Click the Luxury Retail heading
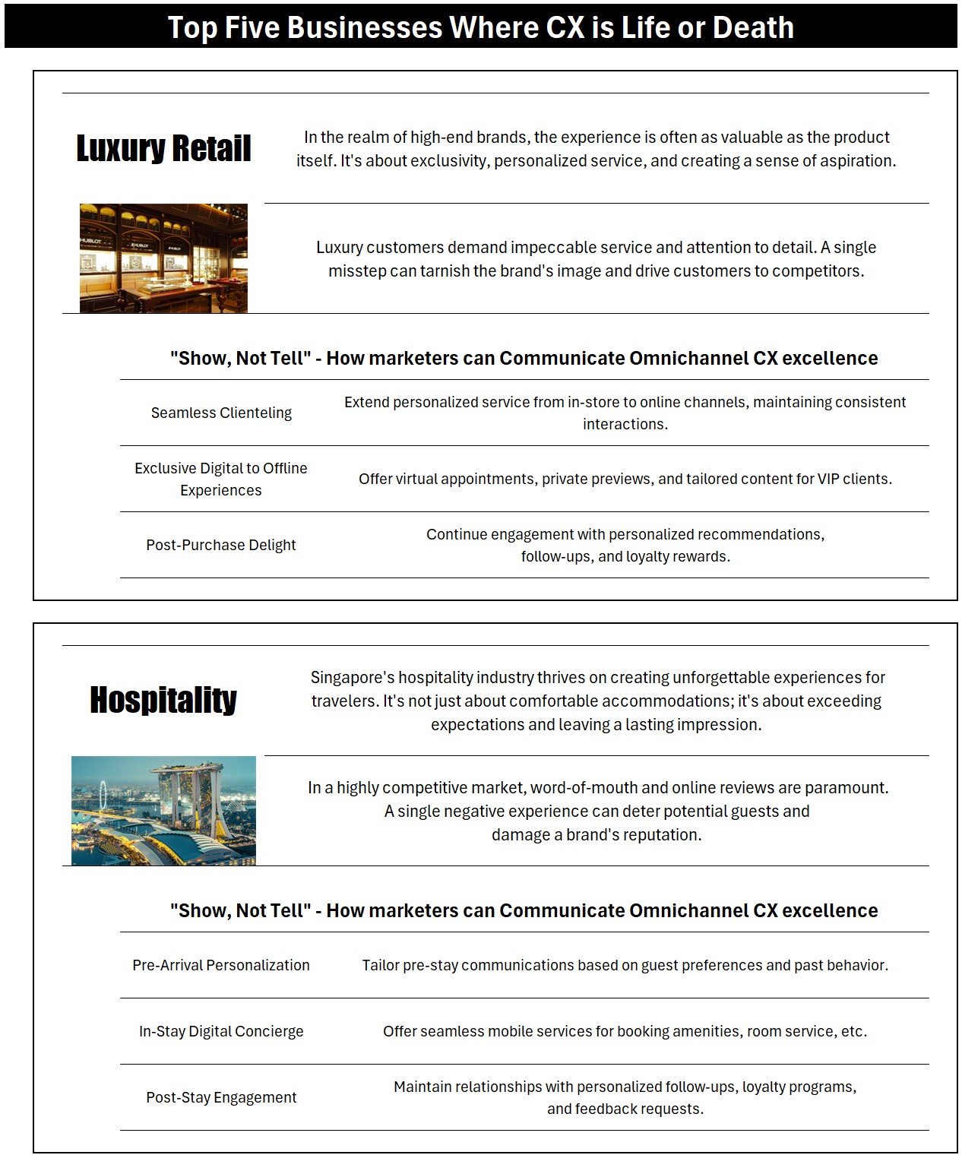click(163, 148)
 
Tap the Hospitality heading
click(163, 700)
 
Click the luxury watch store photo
click(163, 258)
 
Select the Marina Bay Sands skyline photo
click(163, 810)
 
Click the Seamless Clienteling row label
click(221, 413)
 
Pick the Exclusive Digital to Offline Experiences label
click(221, 479)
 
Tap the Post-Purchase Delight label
click(221, 545)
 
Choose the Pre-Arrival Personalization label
click(221, 965)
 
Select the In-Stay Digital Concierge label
click(221, 1031)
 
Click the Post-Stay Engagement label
click(221, 1097)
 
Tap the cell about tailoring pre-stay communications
click(625, 965)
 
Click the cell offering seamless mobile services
click(625, 1031)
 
